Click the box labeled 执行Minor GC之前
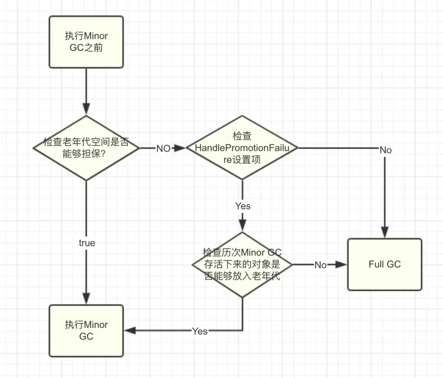click(86, 42)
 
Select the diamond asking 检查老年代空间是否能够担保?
click(86, 148)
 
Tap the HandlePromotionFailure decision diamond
click(242, 148)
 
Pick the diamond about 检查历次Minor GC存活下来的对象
click(242, 264)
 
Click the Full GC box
click(384, 264)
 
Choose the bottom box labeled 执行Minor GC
click(86, 330)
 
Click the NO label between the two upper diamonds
click(163, 148)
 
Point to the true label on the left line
click(87, 243)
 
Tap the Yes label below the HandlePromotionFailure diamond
click(242, 206)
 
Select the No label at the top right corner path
click(385, 150)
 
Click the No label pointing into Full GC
click(320, 265)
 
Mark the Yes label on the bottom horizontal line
click(200, 331)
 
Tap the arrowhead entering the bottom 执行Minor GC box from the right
click(129, 330)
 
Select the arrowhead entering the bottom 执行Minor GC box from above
click(86, 300)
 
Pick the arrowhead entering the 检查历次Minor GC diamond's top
click(242, 227)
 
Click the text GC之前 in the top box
click(86, 48)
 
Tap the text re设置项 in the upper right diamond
click(242, 160)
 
